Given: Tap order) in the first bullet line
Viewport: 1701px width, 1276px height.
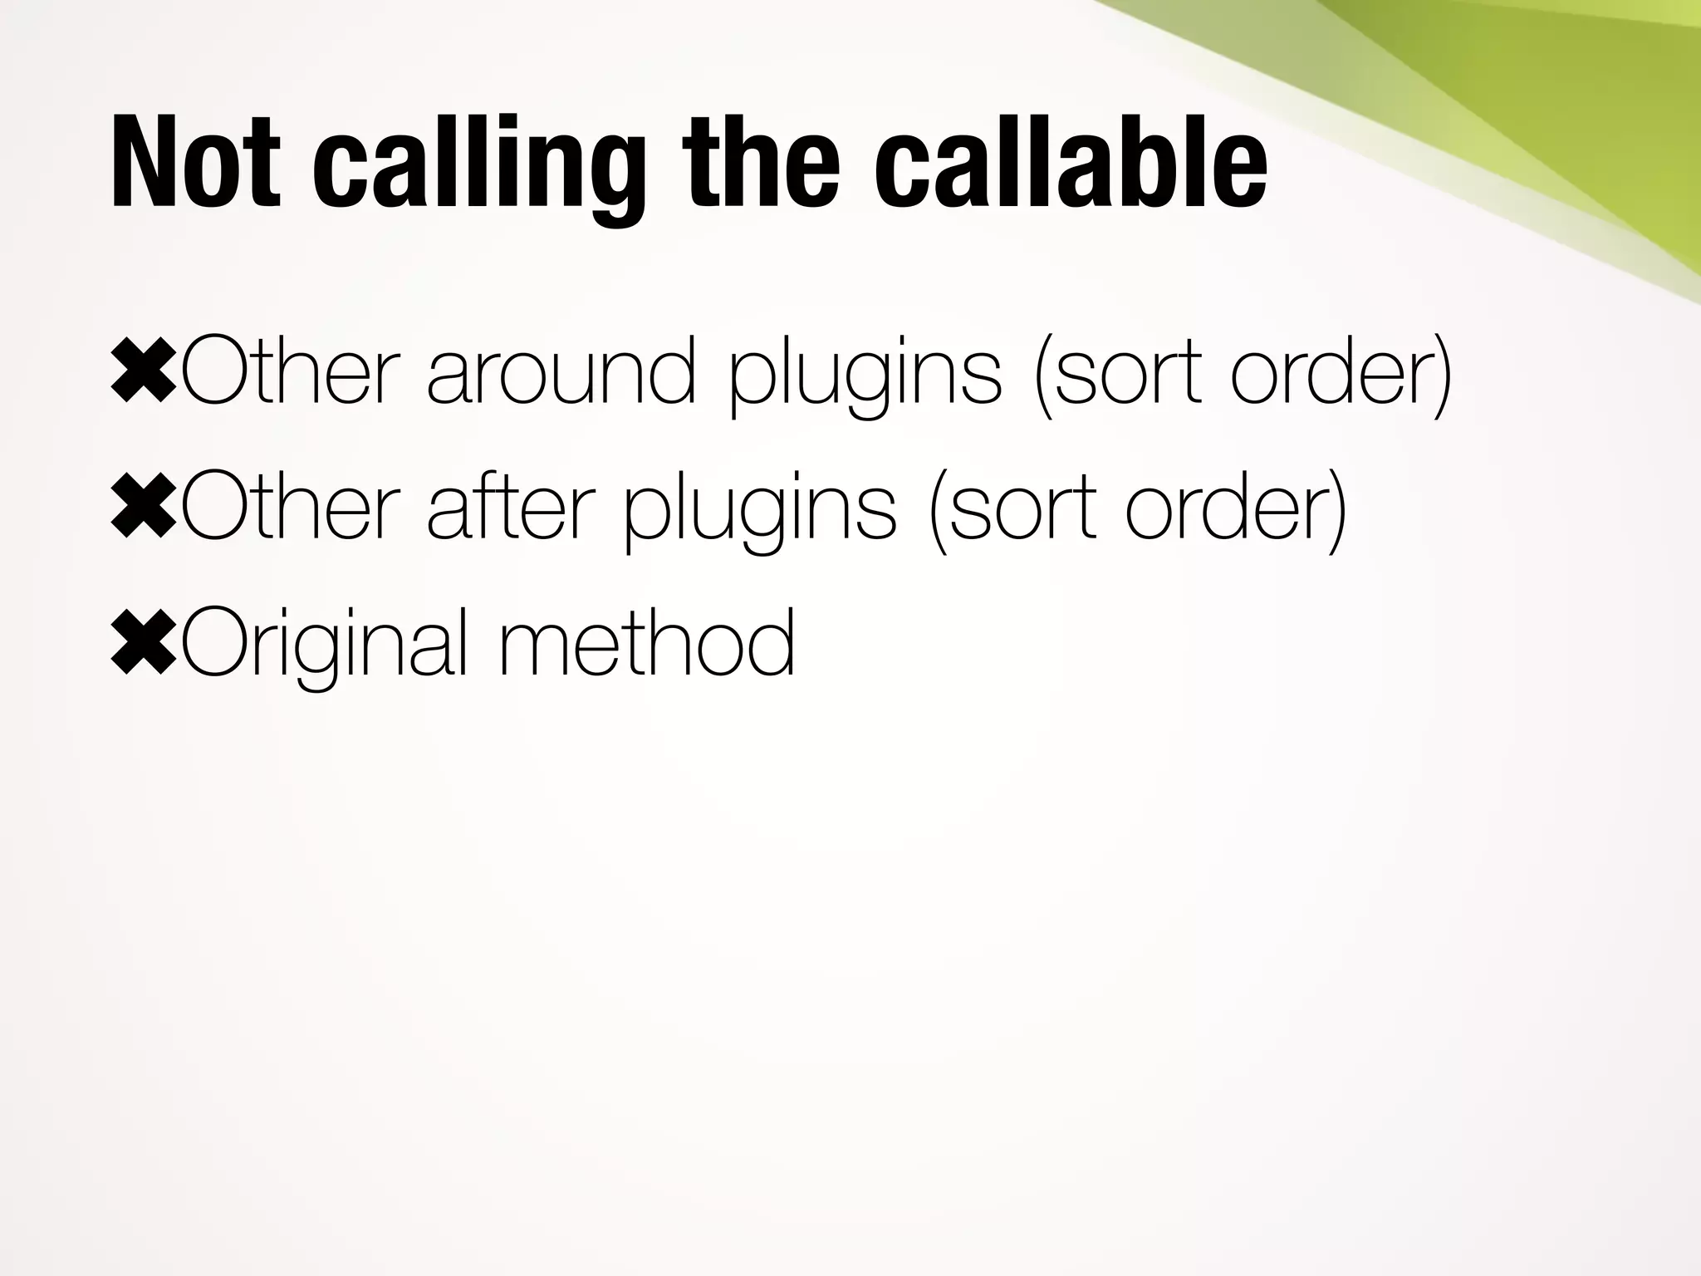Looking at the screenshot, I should [x=1341, y=374].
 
